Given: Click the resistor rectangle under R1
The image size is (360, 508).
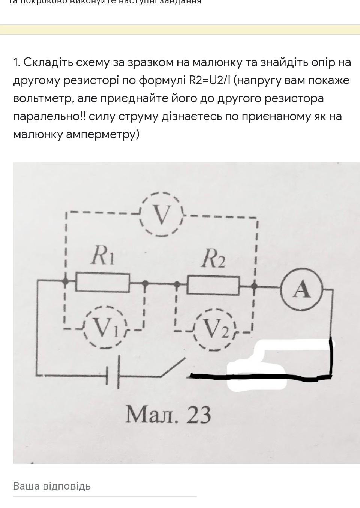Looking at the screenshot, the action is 103,283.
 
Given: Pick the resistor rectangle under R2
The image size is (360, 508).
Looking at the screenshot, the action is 213,285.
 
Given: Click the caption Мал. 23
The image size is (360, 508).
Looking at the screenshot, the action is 168,415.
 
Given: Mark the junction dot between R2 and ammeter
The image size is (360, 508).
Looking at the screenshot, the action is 254,287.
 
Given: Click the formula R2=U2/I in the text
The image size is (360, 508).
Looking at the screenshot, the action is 208,80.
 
